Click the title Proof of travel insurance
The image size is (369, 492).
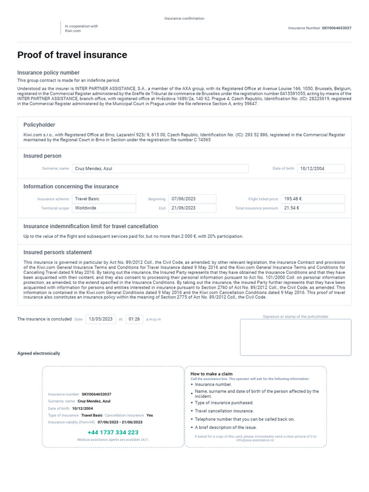pyautogui.click(x=72, y=55)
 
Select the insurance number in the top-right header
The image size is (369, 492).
pyautogui.click(x=336, y=28)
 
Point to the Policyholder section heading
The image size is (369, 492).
pyautogui.click(x=39, y=125)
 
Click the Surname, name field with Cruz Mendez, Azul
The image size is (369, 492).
pyautogui.click(x=160, y=169)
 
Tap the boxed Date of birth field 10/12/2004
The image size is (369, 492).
pyautogui.click(x=320, y=169)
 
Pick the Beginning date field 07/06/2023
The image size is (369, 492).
pyautogui.click(x=192, y=198)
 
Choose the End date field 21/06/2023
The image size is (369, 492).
pyautogui.click(x=192, y=208)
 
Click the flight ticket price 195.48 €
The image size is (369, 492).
pyautogui.click(x=313, y=198)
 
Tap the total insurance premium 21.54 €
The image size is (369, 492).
pyautogui.click(x=313, y=208)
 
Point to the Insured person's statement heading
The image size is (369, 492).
pyautogui.click(x=58, y=252)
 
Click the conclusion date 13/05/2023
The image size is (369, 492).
pyautogui.click(x=100, y=319)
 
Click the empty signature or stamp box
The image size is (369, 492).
pyautogui.click(x=295, y=337)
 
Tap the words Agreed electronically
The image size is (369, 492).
pyautogui.click(x=39, y=354)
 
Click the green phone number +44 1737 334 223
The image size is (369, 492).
pyautogui.click(x=113, y=432)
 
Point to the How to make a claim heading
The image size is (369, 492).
pyautogui.click(x=211, y=374)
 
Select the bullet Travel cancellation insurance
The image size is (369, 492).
pyautogui.click(x=224, y=411)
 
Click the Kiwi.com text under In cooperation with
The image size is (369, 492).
pyautogui.click(x=73, y=31)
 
